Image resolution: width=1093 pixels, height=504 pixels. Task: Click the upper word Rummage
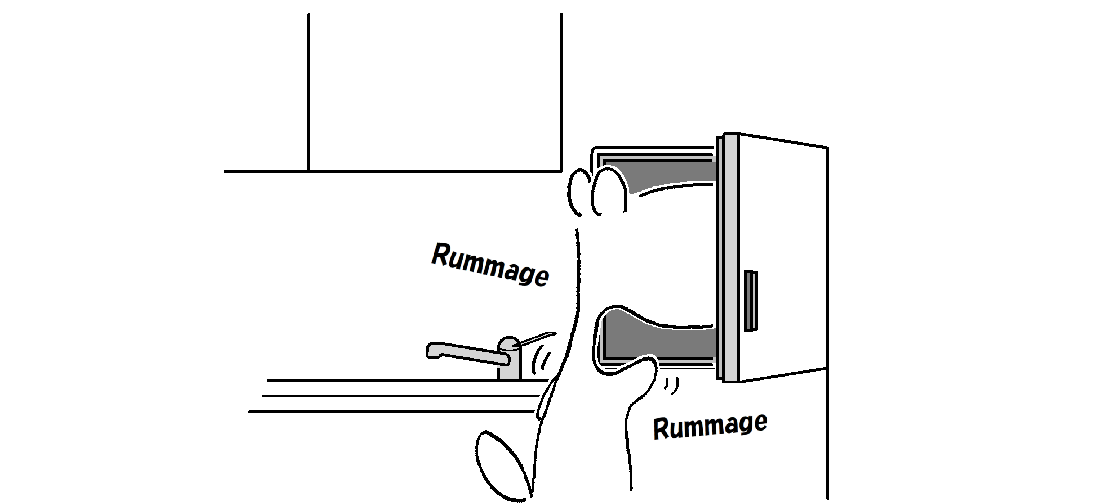(x=490, y=265)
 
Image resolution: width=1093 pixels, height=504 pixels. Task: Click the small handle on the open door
(x=751, y=301)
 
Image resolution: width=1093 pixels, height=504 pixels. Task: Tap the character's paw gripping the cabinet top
(x=598, y=191)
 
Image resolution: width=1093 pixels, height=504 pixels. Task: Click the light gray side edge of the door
(x=730, y=258)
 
